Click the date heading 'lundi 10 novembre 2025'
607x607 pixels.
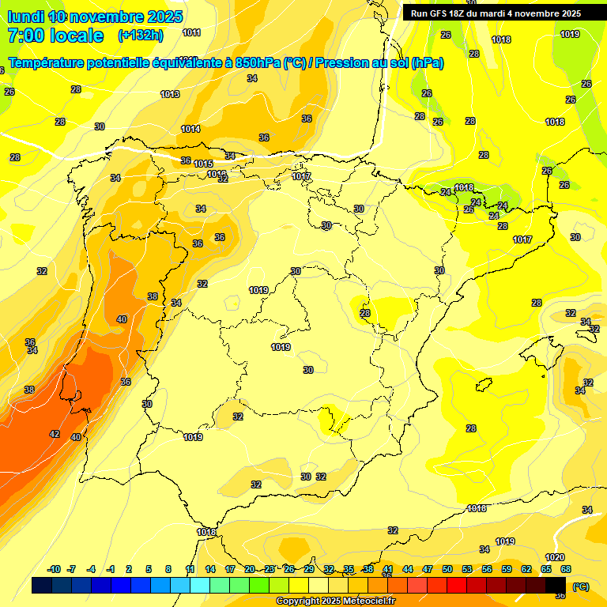point(95,17)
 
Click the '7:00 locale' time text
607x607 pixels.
point(55,36)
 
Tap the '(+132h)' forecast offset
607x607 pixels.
point(140,36)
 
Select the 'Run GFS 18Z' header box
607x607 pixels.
point(496,13)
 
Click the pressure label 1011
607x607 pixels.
point(191,32)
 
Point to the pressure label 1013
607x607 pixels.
point(170,94)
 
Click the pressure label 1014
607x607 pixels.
point(190,129)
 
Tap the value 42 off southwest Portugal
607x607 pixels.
point(55,434)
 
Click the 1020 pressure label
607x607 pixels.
point(555,557)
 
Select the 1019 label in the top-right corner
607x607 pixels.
point(570,34)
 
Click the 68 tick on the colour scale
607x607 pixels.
point(566,569)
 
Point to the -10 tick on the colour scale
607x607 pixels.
point(55,569)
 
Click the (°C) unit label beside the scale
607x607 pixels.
point(580,586)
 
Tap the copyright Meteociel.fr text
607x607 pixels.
point(335,601)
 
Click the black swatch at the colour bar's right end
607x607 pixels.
point(556,586)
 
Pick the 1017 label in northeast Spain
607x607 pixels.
point(522,239)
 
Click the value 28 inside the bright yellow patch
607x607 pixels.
point(365,313)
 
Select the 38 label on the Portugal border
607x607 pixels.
point(153,296)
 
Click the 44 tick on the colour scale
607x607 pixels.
point(407,569)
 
